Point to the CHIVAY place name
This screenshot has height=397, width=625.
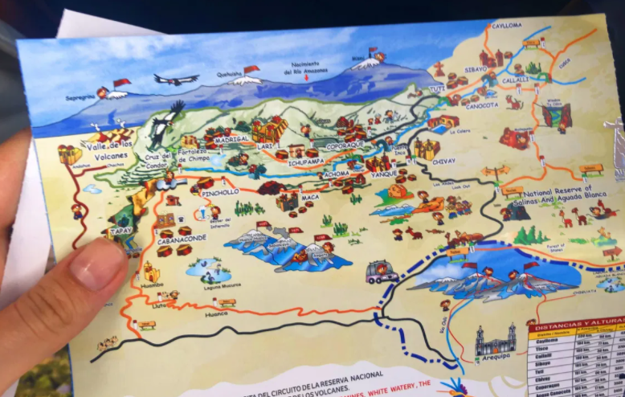click(x=443, y=161)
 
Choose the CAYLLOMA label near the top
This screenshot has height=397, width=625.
click(x=506, y=26)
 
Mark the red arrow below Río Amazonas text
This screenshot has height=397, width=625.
click(x=306, y=79)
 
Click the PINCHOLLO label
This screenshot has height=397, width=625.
click(x=221, y=193)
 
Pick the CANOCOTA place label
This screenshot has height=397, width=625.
click(x=482, y=105)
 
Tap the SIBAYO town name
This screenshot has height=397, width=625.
click(x=476, y=70)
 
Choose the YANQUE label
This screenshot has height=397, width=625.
click(x=384, y=174)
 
